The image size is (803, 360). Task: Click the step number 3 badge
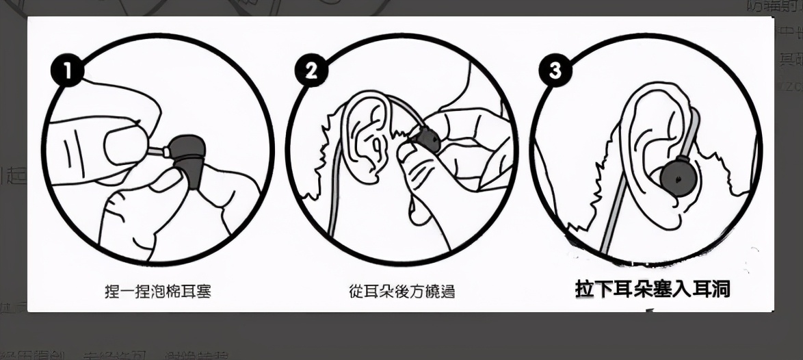pos(555,70)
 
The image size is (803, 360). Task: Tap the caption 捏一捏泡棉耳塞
pos(158,292)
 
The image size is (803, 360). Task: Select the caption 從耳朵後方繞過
pos(401,292)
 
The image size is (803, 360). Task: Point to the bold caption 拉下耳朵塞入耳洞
pos(653,290)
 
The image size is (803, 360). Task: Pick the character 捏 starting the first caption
pos(111,292)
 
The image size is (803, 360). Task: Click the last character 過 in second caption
pos(447,292)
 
